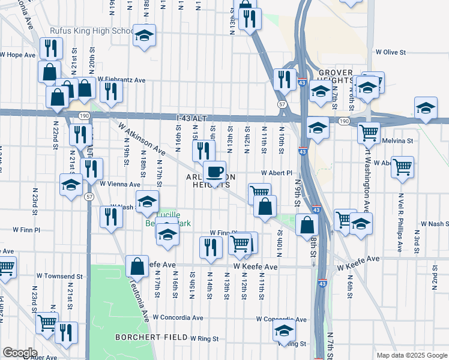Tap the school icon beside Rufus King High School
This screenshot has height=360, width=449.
pyautogui.click(x=144, y=35)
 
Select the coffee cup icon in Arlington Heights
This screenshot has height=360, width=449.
pyautogui.click(x=214, y=172)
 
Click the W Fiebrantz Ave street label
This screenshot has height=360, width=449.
pyautogui.click(x=122, y=79)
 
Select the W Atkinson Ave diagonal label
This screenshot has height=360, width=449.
pyautogui.click(x=142, y=137)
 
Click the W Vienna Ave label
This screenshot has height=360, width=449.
pyautogui.click(x=120, y=184)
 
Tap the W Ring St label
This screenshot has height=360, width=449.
pyautogui.click(x=205, y=338)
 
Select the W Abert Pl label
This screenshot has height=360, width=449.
pyautogui.click(x=276, y=172)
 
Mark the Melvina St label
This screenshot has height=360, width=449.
pyautogui.click(x=398, y=141)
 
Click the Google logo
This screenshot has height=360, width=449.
pyautogui.click(x=20, y=352)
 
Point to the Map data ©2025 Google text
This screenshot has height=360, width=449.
pyautogui.click(x=411, y=355)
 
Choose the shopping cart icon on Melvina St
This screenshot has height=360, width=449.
pyautogui.click(x=369, y=132)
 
